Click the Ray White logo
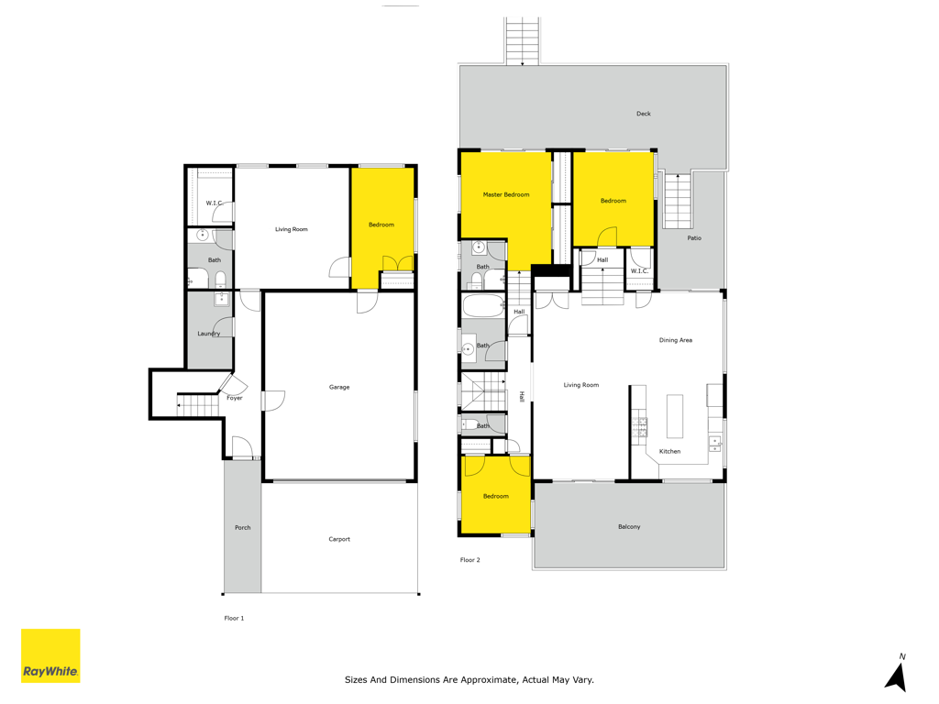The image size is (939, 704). tap(50, 655)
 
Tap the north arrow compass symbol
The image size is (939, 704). tap(897, 674)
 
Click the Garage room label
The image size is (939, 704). tap(339, 388)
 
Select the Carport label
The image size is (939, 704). tap(339, 539)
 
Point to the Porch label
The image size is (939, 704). tap(242, 527)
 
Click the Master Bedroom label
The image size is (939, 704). tap(506, 194)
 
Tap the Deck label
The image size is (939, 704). tap(643, 113)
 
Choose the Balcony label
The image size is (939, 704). tap(629, 527)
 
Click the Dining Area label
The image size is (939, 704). tap(676, 340)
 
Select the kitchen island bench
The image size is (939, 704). tap(675, 416)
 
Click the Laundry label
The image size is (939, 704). tap(209, 334)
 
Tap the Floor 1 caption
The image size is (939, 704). tap(234, 618)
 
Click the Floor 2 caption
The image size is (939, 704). tap(470, 560)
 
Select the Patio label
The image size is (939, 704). tap(694, 237)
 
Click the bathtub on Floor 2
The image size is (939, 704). tap(483, 305)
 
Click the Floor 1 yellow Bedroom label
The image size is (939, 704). tap(381, 225)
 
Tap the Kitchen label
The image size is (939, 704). tap(669, 451)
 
